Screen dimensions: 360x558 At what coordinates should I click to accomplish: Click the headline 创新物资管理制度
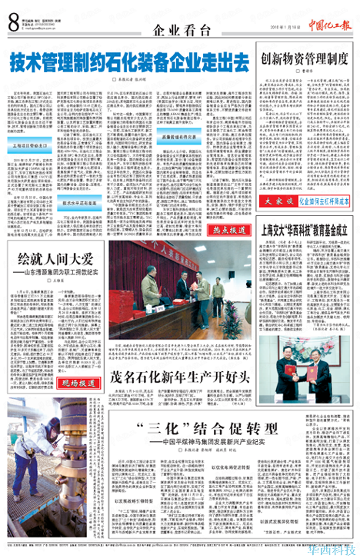click(305, 58)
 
